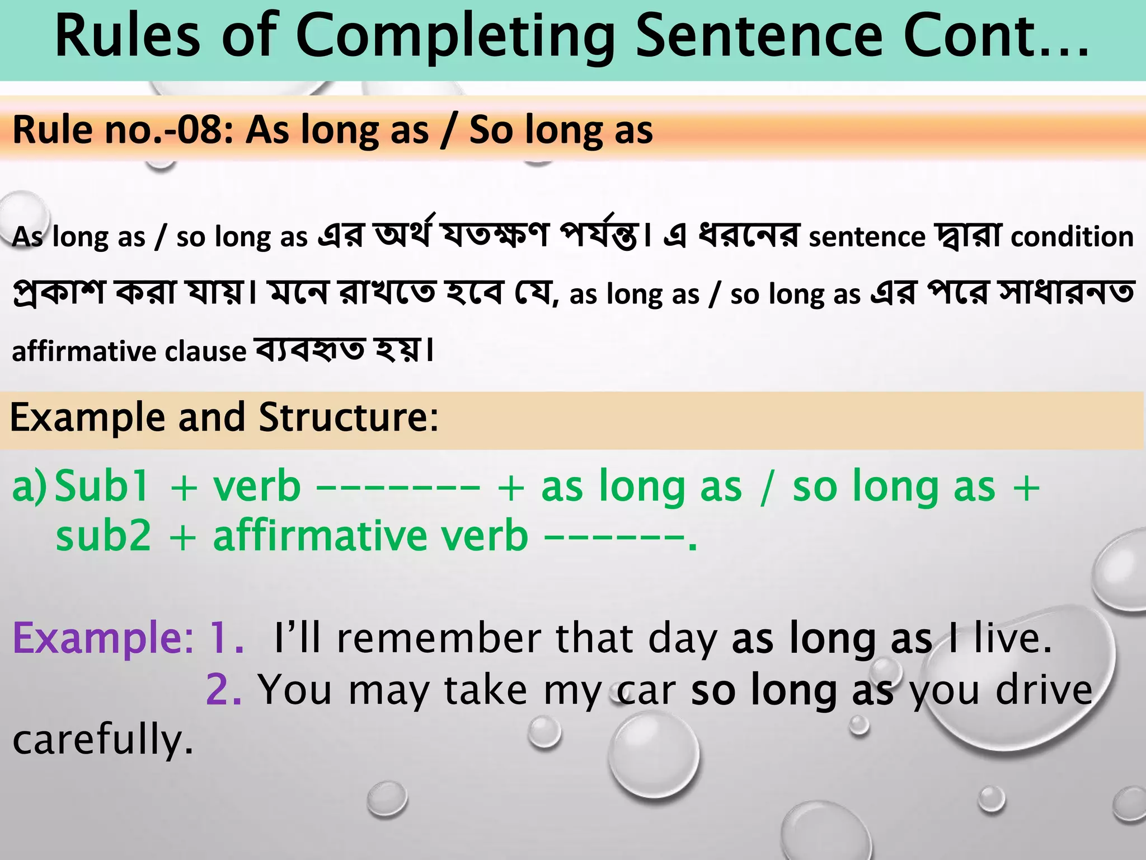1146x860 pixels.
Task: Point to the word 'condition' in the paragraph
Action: click(1072, 237)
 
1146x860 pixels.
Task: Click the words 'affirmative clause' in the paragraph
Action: click(129, 352)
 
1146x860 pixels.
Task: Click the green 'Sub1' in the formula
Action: click(102, 486)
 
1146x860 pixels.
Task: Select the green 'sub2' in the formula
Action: click(104, 535)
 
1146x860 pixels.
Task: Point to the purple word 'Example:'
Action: click(103, 638)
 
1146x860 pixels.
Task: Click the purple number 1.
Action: click(226, 638)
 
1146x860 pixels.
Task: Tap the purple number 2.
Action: click(223, 690)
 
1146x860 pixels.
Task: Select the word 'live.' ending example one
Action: click(1013, 638)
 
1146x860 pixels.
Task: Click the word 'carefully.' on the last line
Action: click(103, 740)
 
